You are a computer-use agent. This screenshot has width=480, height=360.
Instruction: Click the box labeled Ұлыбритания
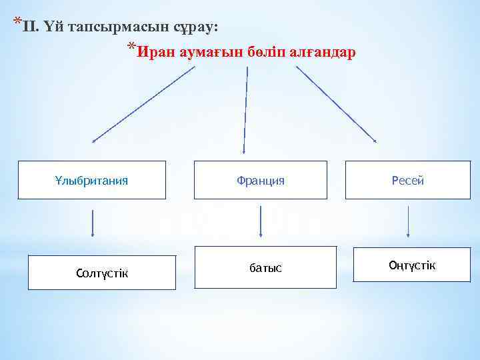pyautogui.click(x=91, y=180)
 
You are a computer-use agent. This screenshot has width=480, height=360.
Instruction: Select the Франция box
pyautogui.click(x=261, y=180)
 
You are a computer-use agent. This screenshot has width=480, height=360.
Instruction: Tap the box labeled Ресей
pyautogui.click(x=408, y=180)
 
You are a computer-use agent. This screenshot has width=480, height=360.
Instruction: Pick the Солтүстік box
pyautogui.click(x=102, y=273)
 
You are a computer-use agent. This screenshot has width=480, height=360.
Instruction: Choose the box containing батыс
pyautogui.click(x=265, y=267)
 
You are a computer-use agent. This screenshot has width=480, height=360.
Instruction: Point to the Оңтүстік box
pyautogui.click(x=412, y=265)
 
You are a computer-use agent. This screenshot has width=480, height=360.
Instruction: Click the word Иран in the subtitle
pyautogui.click(x=157, y=52)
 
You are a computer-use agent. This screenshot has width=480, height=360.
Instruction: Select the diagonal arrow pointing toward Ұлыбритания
pyautogui.click(x=143, y=104)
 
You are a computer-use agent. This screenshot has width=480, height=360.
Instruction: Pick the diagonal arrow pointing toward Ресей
pyautogui.click(x=336, y=103)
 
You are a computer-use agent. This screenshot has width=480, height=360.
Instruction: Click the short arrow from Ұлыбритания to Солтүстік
pyautogui.click(x=92, y=224)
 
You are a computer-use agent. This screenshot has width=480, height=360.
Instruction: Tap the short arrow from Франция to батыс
pyautogui.click(x=260, y=221)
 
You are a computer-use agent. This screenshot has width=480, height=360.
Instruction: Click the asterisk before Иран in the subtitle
pyautogui.click(x=132, y=48)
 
